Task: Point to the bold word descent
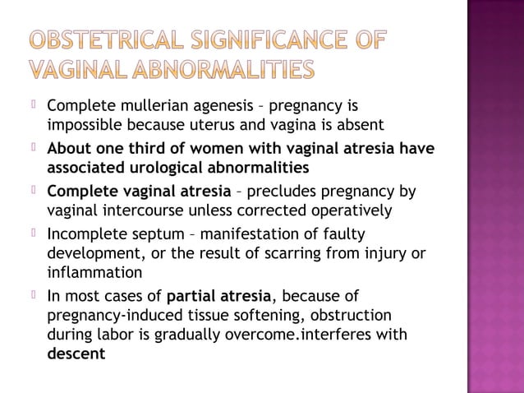coord(76,354)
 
